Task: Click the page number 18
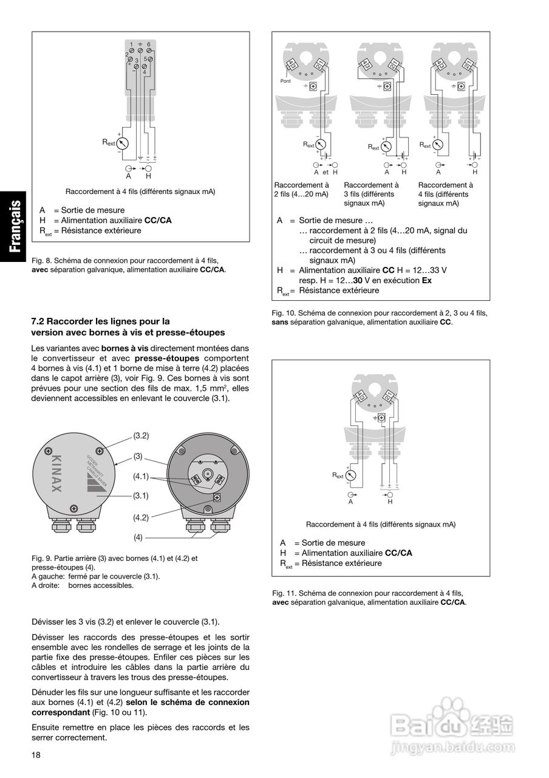click(36, 755)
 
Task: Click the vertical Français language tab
click(18, 227)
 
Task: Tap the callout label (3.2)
click(141, 436)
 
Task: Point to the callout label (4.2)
click(141, 517)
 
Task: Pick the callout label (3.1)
click(141, 495)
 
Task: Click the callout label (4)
click(138, 537)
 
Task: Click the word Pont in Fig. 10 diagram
click(285, 80)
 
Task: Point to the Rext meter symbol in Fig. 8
click(123, 143)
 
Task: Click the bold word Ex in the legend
click(426, 280)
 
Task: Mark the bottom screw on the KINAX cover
click(73, 508)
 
